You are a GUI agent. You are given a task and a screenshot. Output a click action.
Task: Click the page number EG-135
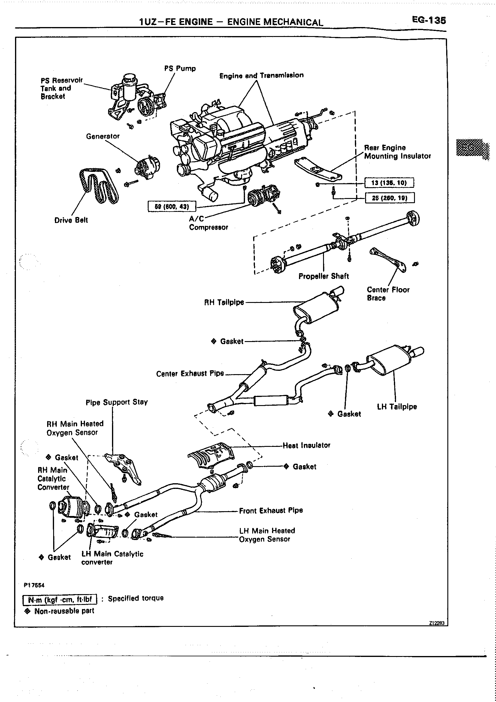click(429, 20)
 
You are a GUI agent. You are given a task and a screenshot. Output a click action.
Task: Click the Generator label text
click(103, 136)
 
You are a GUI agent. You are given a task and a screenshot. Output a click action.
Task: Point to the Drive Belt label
click(71, 220)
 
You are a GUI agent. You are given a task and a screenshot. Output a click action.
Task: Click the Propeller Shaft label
click(323, 276)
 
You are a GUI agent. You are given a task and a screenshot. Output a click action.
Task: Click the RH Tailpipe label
click(224, 302)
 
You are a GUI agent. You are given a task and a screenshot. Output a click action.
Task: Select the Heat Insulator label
click(306, 445)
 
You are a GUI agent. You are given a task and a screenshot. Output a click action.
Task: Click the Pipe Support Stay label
click(117, 402)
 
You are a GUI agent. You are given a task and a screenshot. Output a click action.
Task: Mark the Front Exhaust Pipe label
click(271, 511)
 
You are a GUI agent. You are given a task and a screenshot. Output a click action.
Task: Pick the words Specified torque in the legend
click(136, 598)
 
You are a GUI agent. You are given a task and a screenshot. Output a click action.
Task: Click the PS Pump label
click(180, 69)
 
